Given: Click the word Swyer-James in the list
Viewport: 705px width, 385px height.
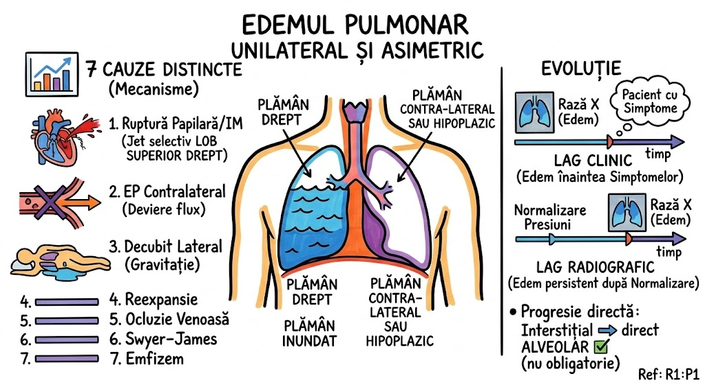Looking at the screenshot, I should point(171,339).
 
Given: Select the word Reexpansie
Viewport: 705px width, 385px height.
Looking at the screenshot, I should point(162,300).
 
